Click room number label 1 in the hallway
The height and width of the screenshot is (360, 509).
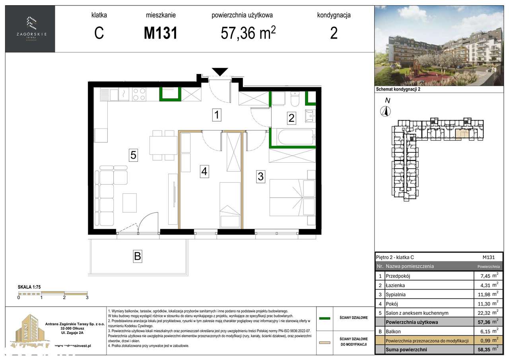click(216, 115)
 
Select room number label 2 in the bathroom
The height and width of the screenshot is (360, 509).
click(291, 118)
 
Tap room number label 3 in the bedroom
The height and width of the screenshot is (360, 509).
click(260, 176)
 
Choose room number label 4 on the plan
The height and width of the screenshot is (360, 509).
click(204, 171)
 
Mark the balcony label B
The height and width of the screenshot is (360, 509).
click(137, 257)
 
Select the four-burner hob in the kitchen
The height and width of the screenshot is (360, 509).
click(139, 94)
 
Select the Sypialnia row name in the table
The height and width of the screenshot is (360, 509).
click(398, 294)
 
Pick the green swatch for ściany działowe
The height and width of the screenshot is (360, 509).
click(326, 318)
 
